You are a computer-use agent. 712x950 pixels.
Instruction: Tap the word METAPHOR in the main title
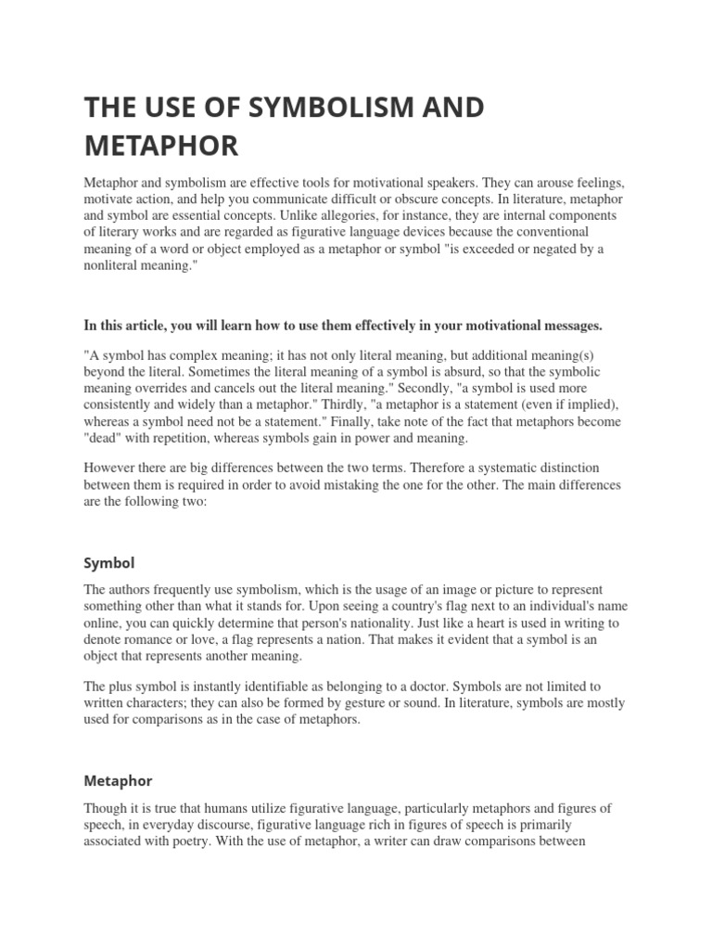(x=161, y=146)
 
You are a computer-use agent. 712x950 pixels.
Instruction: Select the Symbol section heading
(x=109, y=563)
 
